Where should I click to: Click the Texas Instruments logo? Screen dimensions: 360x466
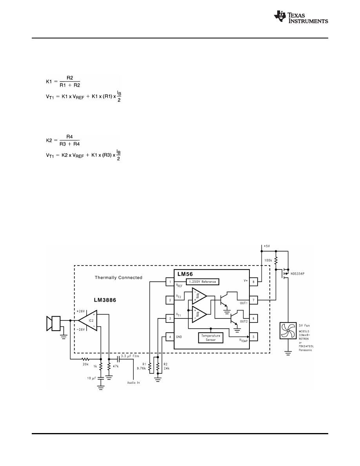click(301, 17)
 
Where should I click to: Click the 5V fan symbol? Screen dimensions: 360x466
click(288, 331)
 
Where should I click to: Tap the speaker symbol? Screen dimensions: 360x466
click(53, 323)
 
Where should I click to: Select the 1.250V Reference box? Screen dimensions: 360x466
click(203, 282)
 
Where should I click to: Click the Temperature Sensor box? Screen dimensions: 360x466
click(211, 338)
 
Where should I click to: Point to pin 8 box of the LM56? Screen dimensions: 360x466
click(253, 282)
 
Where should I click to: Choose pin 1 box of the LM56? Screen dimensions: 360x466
click(170, 282)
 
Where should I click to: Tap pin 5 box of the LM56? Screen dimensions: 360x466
click(253, 337)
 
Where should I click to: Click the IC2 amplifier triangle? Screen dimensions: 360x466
click(88, 320)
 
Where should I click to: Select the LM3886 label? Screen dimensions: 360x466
click(105, 300)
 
